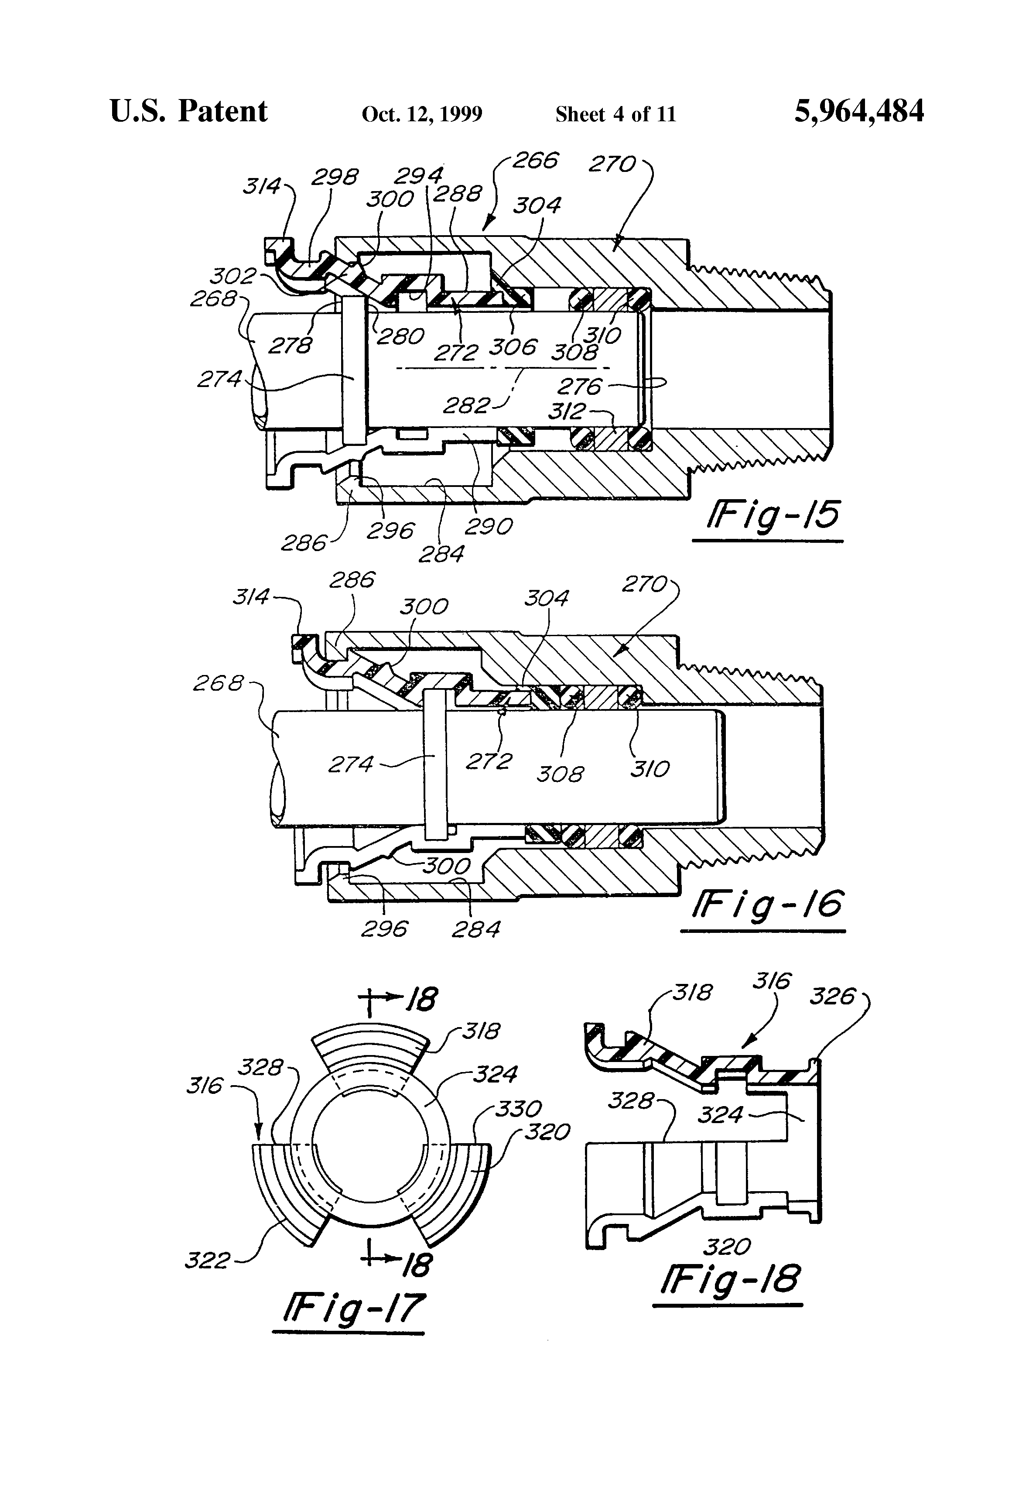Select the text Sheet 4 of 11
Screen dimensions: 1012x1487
point(615,114)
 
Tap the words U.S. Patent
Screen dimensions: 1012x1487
point(189,111)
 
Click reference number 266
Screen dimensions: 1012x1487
point(535,160)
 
